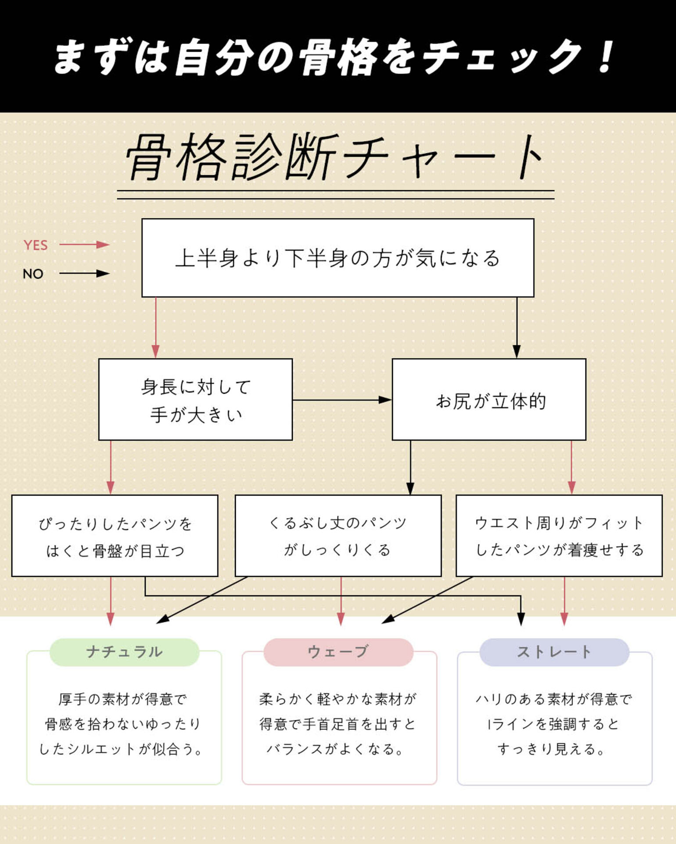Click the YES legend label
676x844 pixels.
click(x=36, y=245)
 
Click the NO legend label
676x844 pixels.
click(x=33, y=274)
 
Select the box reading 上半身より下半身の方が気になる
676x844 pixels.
click(x=338, y=258)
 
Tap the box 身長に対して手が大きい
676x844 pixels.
click(x=195, y=399)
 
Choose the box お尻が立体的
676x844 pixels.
click(x=489, y=399)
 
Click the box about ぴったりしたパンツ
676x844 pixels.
click(x=115, y=536)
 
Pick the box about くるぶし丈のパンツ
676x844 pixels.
click(x=338, y=536)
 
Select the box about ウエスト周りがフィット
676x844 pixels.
click(x=559, y=536)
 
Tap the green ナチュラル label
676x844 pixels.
click(x=124, y=652)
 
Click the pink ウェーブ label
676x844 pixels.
click(x=338, y=652)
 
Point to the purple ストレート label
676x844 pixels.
click(x=554, y=652)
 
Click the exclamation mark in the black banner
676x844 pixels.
click(x=606, y=56)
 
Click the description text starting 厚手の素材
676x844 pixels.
click(x=122, y=724)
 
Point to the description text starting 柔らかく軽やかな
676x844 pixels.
click(x=338, y=724)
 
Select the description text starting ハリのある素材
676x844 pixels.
click(x=554, y=724)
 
